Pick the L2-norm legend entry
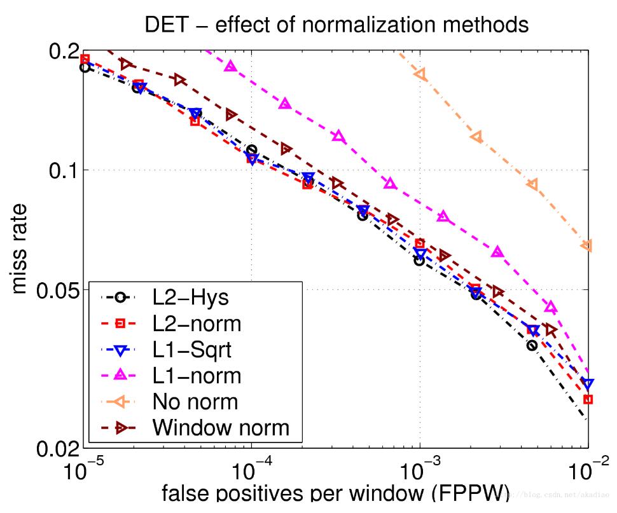pyautogui.click(x=197, y=323)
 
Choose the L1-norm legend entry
pyautogui.click(x=197, y=375)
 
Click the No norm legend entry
pyautogui.click(x=195, y=401)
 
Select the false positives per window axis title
pyautogui.click(x=324, y=496)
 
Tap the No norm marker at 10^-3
pyautogui.click(x=420, y=74)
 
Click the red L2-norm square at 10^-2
pyautogui.click(x=588, y=399)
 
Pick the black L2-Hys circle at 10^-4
pyautogui.click(x=252, y=150)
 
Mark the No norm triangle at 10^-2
pyautogui.click(x=586, y=245)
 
